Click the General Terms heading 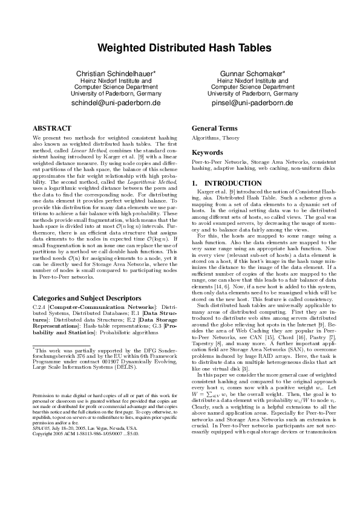coord(214,128)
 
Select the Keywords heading coord(208,153)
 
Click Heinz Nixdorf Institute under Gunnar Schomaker coord(250,80)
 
